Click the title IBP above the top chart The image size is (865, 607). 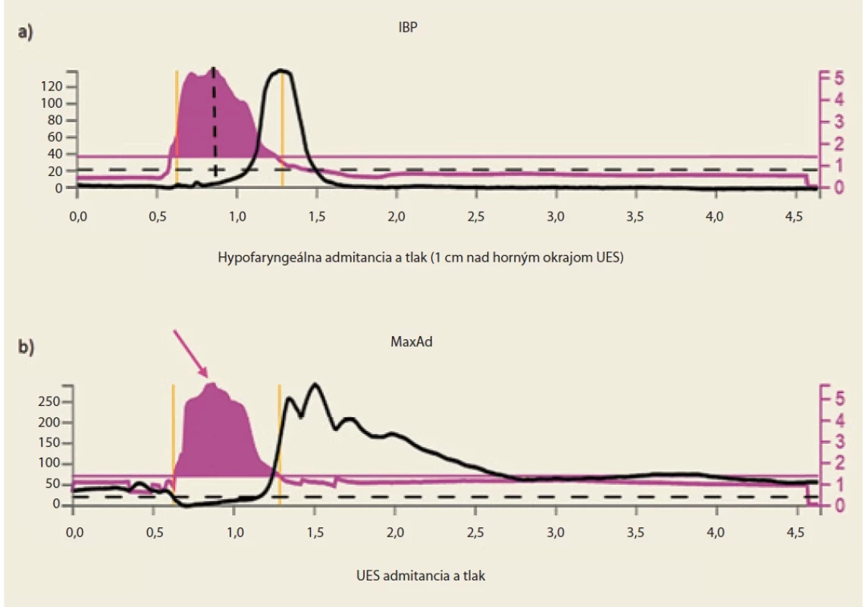point(408,27)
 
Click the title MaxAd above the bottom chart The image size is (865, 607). point(411,341)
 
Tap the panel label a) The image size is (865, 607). point(25,32)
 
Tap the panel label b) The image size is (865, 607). point(26,347)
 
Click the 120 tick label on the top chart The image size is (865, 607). point(52,86)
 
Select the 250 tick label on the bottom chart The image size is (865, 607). point(49,401)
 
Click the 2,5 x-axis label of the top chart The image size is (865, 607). point(475,216)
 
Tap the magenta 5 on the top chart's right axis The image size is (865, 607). point(839,77)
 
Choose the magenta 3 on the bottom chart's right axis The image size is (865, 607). point(839,442)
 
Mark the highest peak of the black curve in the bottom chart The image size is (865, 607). point(315,384)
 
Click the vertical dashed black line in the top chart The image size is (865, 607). point(215,121)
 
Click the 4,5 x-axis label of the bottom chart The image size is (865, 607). point(794,533)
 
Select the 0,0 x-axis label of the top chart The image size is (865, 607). point(78,216)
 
